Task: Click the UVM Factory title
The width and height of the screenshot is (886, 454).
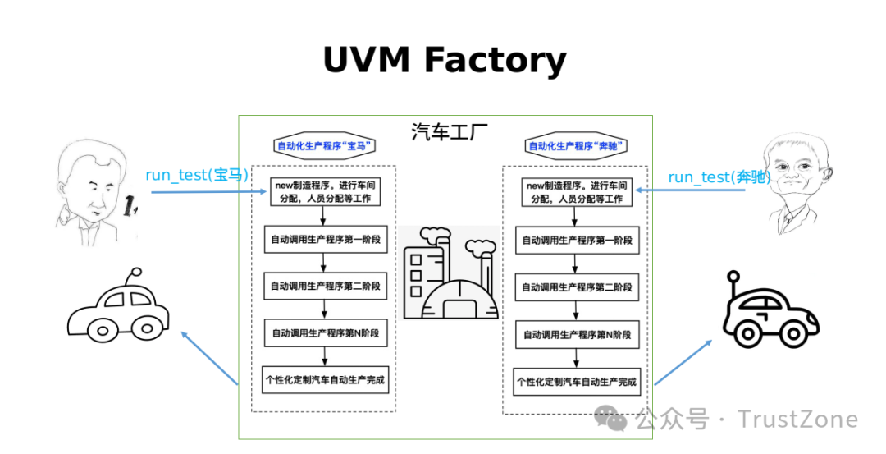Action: pyautogui.click(x=444, y=60)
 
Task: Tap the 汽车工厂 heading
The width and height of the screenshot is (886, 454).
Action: pyautogui.click(x=443, y=132)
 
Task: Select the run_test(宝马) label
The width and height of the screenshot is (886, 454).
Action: pyautogui.click(x=197, y=175)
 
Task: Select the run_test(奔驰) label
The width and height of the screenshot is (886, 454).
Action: pyautogui.click(x=719, y=177)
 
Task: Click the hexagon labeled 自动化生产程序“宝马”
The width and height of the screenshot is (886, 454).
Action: pyautogui.click(x=325, y=146)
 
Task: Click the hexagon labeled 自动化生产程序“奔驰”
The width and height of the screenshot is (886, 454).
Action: pyautogui.click(x=576, y=147)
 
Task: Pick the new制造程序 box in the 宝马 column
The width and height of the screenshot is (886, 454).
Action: pyautogui.click(x=325, y=190)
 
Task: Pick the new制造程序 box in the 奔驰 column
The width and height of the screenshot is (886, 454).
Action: pyautogui.click(x=577, y=192)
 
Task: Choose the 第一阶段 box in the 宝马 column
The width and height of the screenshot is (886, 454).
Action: pyautogui.click(x=325, y=241)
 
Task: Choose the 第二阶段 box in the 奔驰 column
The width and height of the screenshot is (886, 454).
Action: pyautogui.click(x=577, y=287)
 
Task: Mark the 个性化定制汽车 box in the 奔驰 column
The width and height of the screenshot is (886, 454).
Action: pyautogui.click(x=577, y=382)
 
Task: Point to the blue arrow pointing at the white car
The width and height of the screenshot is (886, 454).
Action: pyautogui.click(x=209, y=357)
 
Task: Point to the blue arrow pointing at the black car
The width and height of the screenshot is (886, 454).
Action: pyautogui.click(x=683, y=361)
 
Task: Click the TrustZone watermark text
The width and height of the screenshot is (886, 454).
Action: pyautogui.click(x=797, y=420)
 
